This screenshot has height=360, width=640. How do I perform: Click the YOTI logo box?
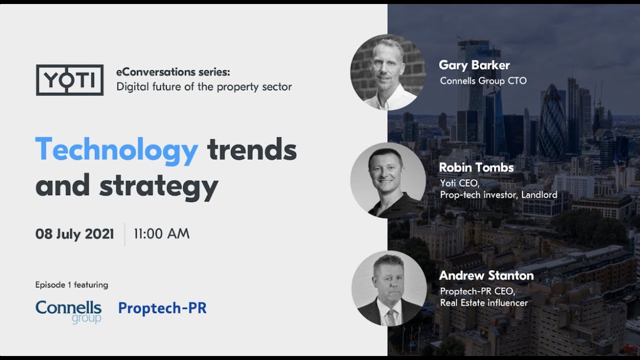coord(69,80)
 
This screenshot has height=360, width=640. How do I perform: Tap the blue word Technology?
coord(117,150)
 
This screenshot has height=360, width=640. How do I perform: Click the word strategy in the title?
coord(159,187)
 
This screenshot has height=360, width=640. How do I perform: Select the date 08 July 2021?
coord(74,234)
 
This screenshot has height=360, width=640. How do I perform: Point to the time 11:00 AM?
coord(161,233)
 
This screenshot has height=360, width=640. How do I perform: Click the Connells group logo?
coord(68,312)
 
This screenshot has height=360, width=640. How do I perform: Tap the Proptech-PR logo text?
coord(162,308)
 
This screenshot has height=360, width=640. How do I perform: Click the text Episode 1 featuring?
coord(71,285)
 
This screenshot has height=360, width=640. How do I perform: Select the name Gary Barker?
coord(474,65)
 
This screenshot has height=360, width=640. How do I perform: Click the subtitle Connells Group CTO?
coord(483,81)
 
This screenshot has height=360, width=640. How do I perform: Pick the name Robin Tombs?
coord(476,167)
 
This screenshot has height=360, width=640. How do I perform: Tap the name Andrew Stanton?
coord(486,275)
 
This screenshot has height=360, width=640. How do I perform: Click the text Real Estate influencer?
coord(483,303)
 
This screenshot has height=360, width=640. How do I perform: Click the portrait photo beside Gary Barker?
coord(387,72)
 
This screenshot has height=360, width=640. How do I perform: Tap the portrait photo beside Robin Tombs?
coord(387,180)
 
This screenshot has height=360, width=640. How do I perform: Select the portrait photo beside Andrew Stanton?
coord(389,288)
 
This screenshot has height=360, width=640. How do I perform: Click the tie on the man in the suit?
coord(390,317)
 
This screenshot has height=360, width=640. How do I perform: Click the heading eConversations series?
coord(173,72)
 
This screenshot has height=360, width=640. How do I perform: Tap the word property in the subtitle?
coord(233,87)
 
